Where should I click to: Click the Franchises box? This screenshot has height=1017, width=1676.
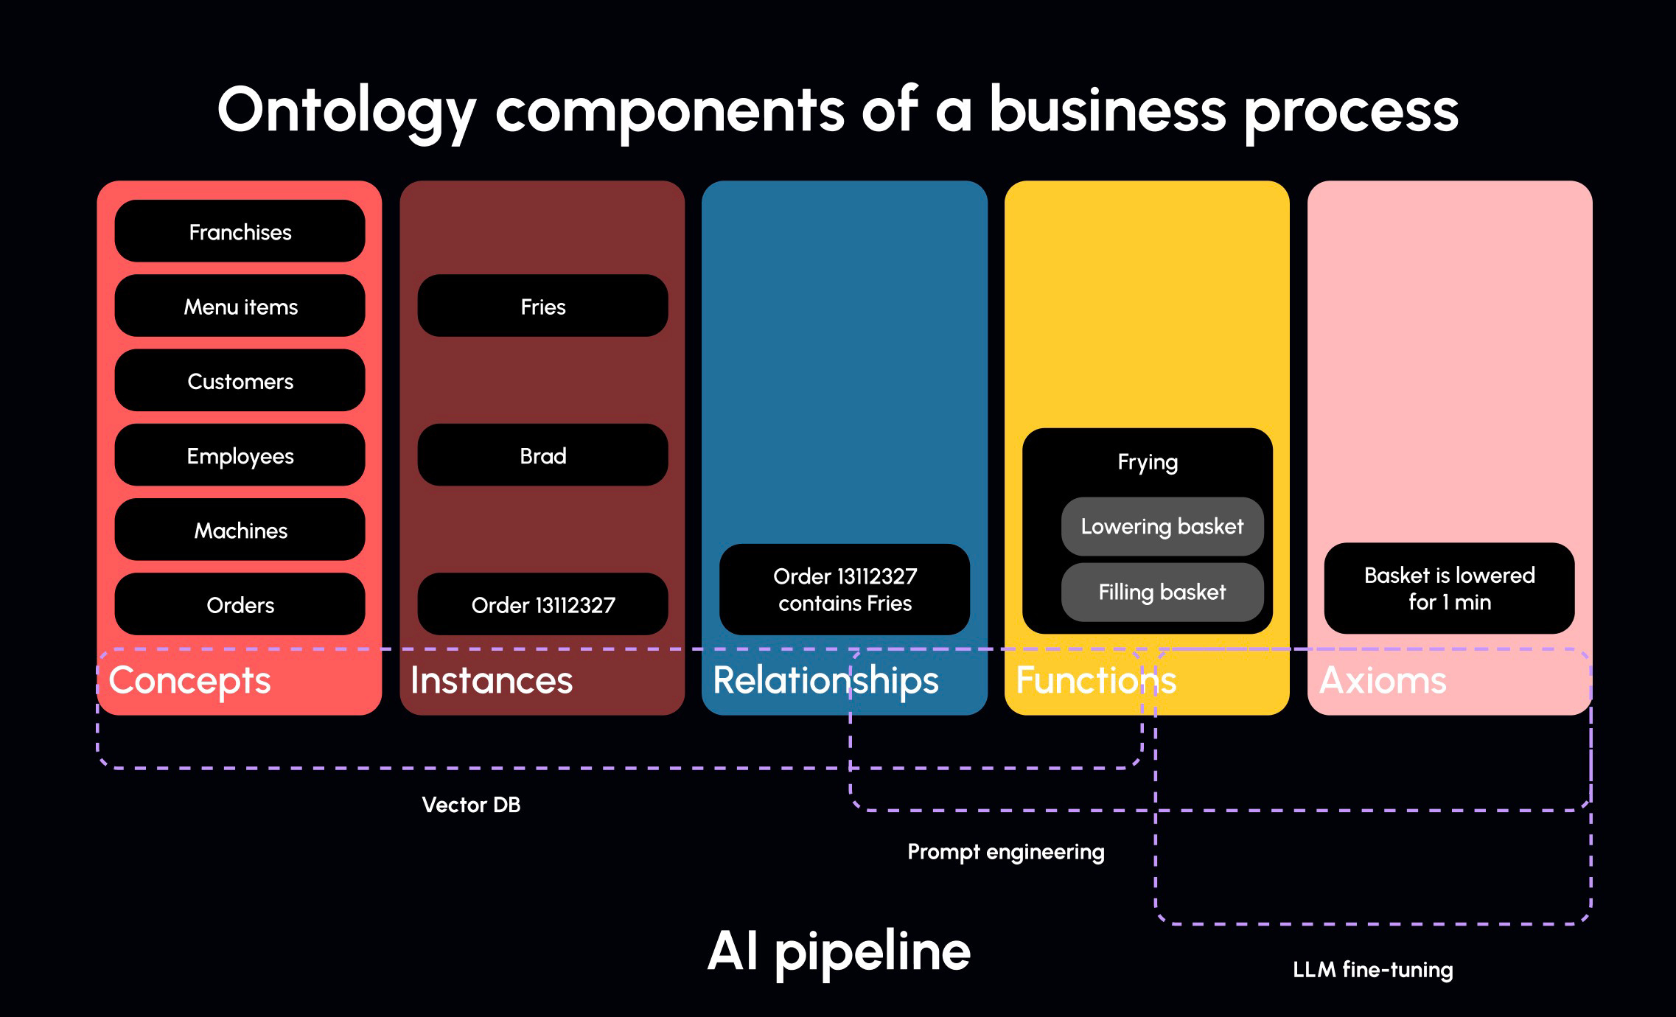[240, 231]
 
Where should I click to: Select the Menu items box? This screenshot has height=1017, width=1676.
[240, 306]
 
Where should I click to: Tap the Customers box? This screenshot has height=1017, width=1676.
[240, 380]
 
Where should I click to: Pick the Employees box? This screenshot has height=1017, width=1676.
[240, 455]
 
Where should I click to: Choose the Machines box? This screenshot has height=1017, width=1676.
[240, 530]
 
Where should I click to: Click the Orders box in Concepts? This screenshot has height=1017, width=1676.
[240, 604]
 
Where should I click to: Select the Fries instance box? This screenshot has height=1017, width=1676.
[542, 306]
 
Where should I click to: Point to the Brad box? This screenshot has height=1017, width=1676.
[542, 455]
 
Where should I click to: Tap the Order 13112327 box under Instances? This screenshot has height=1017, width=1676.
[542, 604]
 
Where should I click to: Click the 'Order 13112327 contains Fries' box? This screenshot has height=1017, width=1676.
[845, 590]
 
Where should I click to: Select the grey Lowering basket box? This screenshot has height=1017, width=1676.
[1162, 526]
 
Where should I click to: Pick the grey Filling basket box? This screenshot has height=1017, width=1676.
[1162, 592]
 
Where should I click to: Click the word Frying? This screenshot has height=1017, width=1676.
[1148, 462]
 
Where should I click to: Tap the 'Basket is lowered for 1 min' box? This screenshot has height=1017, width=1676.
[1449, 588]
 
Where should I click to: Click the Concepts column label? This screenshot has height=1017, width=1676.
[189, 680]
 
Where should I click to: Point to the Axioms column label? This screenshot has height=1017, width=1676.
[1383, 680]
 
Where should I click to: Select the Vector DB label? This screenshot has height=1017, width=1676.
[471, 804]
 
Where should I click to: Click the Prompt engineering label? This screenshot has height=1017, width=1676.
[1005, 852]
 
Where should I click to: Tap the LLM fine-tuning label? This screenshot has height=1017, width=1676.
[1372, 969]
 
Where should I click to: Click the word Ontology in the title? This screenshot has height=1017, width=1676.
[346, 111]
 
